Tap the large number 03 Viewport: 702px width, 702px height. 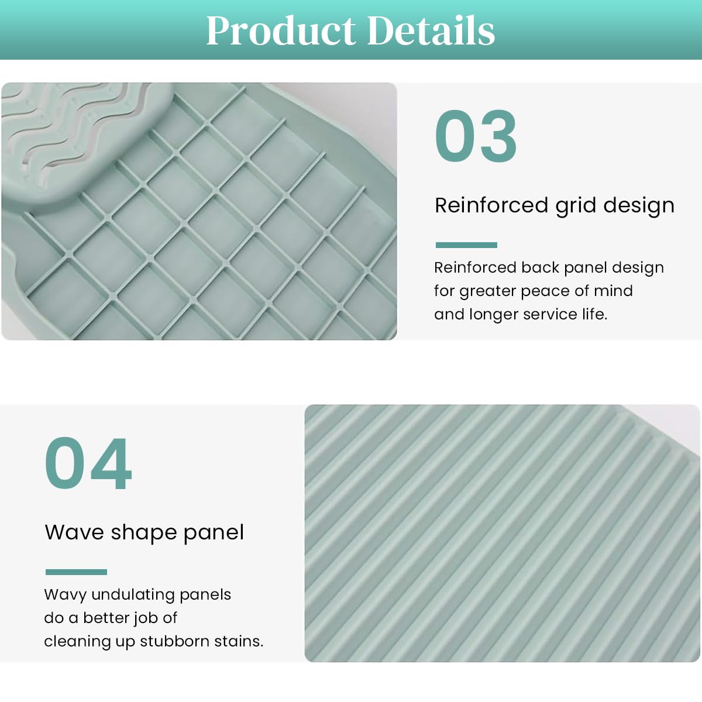tap(476, 136)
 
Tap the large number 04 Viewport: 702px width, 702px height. tap(88, 463)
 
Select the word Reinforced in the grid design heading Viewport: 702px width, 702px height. tap(491, 205)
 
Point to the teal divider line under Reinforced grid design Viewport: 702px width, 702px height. tap(466, 245)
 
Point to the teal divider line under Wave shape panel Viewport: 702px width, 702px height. tap(76, 572)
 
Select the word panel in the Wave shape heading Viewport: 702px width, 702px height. tap(214, 533)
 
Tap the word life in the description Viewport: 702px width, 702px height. tap(594, 314)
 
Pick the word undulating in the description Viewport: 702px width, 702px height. tap(133, 595)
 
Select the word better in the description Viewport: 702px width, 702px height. tap(106, 618)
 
